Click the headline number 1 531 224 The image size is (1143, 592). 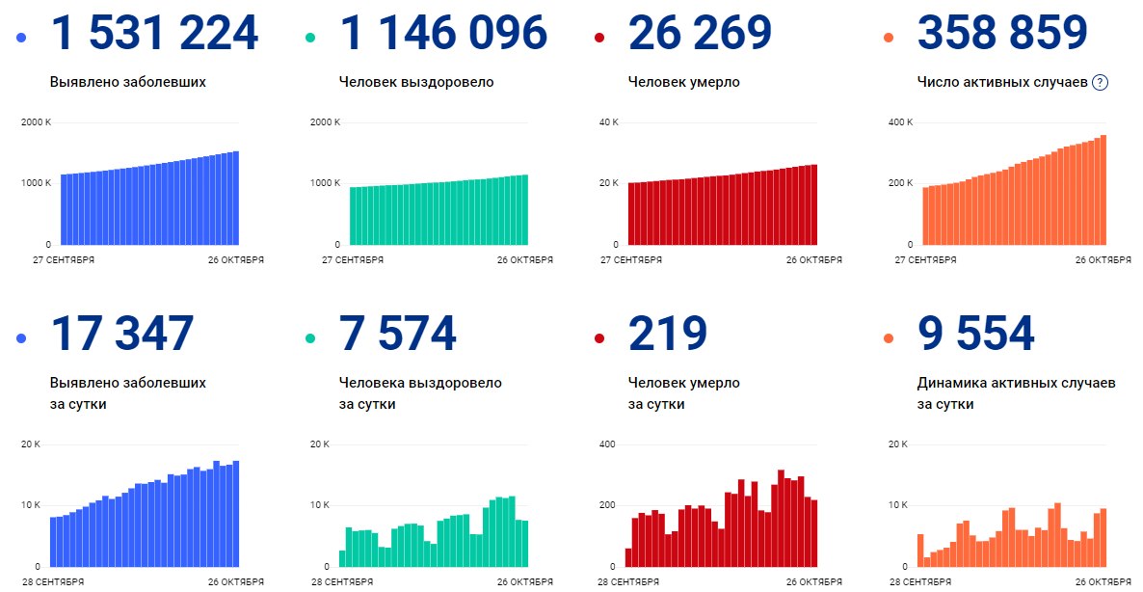tap(154, 32)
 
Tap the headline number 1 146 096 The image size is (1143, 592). tap(443, 32)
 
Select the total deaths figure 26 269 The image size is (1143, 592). tap(700, 32)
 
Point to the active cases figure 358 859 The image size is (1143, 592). tap(1002, 32)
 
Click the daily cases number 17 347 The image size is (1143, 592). tap(121, 334)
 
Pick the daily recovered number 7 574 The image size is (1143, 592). tap(397, 334)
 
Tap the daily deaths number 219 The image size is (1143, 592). tap(668, 334)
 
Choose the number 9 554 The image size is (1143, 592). tap(975, 334)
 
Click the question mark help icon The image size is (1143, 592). tap(1100, 82)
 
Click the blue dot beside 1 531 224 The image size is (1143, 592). tap(20, 38)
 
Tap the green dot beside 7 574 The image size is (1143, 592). tap(309, 338)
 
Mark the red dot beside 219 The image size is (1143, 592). tap(599, 338)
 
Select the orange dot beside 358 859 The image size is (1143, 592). tap(888, 38)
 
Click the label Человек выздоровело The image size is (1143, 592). tap(416, 82)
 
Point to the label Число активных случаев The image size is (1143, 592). tap(1002, 82)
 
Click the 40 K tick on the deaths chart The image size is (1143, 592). tap(609, 121)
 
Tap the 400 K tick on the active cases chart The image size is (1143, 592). tap(900, 121)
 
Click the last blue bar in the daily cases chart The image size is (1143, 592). tap(235, 513)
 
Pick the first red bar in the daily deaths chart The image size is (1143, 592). tap(628, 557)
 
